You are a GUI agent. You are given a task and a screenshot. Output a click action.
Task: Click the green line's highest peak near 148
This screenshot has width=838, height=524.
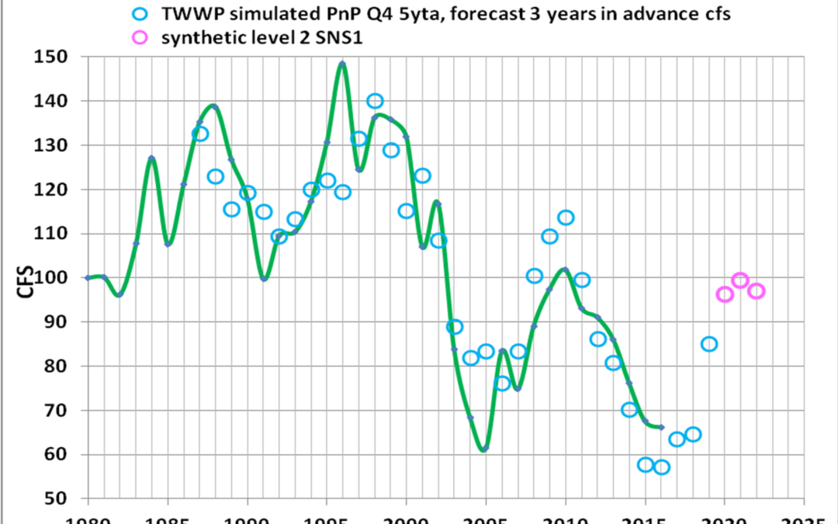tap(342, 63)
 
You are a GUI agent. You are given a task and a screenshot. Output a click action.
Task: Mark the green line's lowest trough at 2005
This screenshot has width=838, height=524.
tap(485, 449)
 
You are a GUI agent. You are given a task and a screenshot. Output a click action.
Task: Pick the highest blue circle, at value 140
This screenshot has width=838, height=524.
tap(375, 101)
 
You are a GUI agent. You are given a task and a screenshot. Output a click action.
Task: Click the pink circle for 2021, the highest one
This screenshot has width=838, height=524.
tap(740, 280)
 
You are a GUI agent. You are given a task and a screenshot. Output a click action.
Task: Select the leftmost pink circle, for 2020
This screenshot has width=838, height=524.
tap(725, 294)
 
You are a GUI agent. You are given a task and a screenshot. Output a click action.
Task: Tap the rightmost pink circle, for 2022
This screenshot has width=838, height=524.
tap(757, 291)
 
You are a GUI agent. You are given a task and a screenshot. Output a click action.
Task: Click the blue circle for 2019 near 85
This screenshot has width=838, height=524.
tap(708, 344)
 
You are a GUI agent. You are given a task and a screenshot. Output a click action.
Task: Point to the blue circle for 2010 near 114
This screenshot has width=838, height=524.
tap(566, 217)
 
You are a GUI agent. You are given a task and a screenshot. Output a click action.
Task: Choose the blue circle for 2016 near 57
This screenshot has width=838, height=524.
tap(661, 467)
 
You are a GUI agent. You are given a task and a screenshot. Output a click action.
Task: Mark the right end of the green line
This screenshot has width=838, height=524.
tap(661, 427)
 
